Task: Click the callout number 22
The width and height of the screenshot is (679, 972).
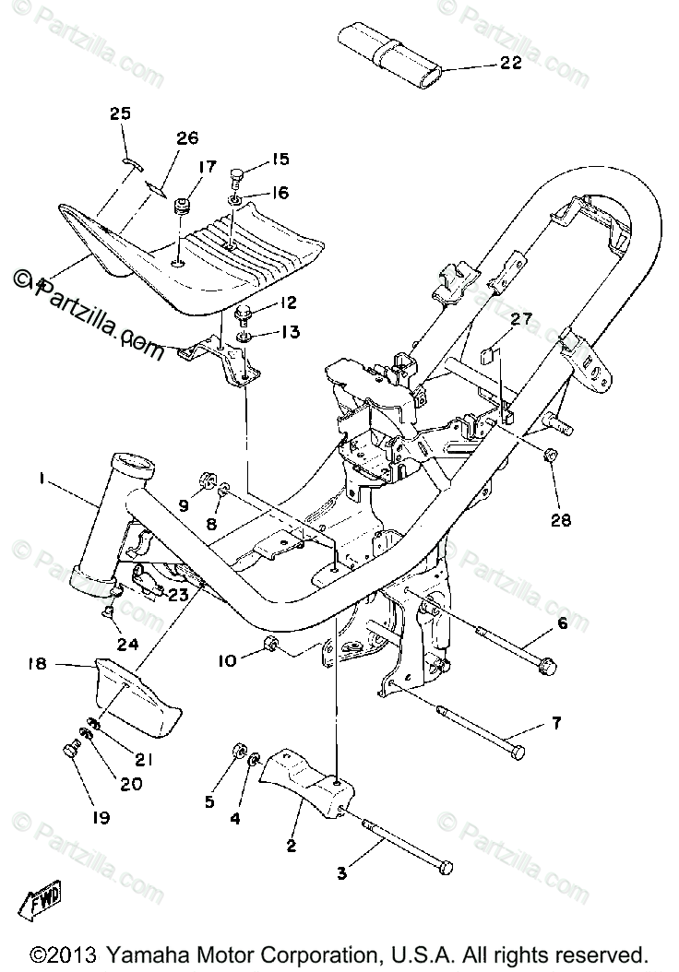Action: pyautogui.click(x=510, y=64)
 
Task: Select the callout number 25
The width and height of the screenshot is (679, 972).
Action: pyautogui.click(x=121, y=114)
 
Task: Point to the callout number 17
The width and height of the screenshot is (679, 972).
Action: pyautogui.click(x=206, y=167)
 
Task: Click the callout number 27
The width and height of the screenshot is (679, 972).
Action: pyautogui.click(x=522, y=320)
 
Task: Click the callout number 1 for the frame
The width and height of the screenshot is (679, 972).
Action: pyautogui.click(x=41, y=478)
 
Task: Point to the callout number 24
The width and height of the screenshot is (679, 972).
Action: pyautogui.click(x=126, y=644)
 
